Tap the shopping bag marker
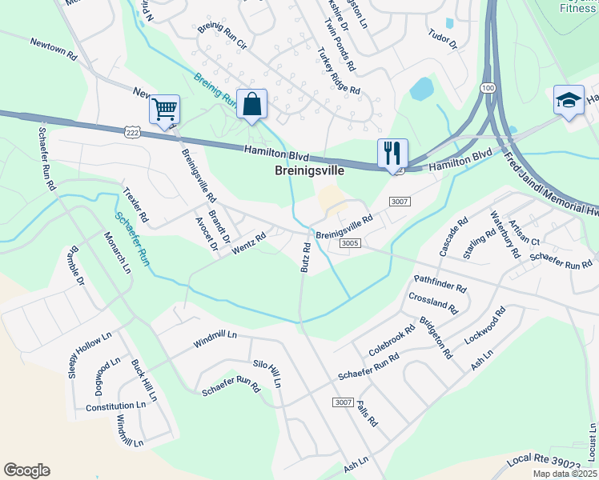(x=251, y=104)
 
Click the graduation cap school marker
(x=569, y=101)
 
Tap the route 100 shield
(x=488, y=87)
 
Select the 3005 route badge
(x=348, y=243)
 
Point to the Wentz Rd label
(x=248, y=243)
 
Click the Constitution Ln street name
(x=115, y=406)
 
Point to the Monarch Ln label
(x=117, y=253)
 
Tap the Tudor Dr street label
(x=442, y=38)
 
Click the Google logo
(x=26, y=470)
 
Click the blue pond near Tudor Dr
(x=422, y=88)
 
